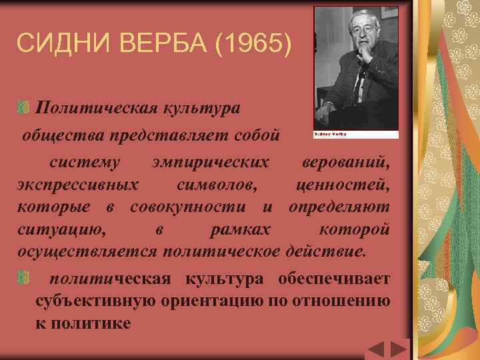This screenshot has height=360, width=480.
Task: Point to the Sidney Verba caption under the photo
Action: pyautogui.click(x=330, y=134)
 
